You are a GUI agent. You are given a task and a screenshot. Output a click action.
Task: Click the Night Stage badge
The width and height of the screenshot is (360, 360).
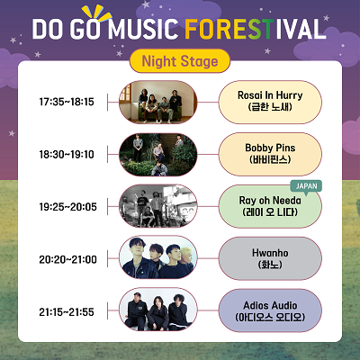pos(180,61)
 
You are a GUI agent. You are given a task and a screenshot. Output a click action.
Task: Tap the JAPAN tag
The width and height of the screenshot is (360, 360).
pos(306,186)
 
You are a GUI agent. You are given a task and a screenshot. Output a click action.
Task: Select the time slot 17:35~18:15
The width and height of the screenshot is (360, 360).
pos(67,102)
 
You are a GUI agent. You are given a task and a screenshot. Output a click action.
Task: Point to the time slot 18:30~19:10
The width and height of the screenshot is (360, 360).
pos(67,155)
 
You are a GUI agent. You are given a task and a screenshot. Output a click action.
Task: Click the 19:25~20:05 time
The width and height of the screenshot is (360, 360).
pos(67,207)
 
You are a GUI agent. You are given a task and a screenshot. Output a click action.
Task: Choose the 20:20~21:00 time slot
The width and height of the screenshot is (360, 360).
pos(67,259)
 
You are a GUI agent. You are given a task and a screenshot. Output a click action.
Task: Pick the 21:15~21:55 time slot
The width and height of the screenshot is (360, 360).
pos(67,312)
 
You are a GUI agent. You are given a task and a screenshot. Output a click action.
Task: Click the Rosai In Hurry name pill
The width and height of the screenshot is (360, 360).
pos(270,102)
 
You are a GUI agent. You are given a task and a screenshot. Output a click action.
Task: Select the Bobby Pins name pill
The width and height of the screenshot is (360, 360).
pos(270,154)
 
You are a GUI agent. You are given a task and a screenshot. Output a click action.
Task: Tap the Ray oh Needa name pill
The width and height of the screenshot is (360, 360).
pos(270,207)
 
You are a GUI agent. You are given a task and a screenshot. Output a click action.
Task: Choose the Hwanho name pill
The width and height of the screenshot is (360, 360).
pos(270,259)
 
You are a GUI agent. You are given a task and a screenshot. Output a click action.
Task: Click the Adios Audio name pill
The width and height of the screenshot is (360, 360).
pos(270,310)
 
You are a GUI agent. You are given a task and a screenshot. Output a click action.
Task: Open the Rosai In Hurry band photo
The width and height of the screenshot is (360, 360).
pos(158,102)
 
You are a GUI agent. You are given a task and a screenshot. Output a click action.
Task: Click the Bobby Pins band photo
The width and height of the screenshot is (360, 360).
pos(158,155)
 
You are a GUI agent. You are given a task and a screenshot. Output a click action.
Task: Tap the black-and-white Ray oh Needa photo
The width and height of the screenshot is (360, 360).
pos(158,206)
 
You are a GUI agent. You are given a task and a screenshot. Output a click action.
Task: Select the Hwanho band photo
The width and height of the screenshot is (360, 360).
pos(158,257)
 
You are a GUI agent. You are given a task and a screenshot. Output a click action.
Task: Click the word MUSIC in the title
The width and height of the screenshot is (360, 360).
pos(143,29)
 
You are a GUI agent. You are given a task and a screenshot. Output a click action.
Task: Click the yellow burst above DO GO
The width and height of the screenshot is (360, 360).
pos(96,14)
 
